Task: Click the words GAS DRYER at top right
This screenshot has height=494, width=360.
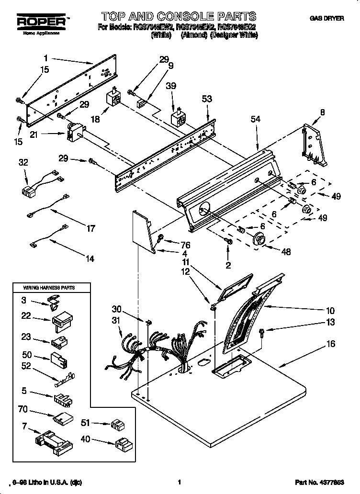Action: coord(327,18)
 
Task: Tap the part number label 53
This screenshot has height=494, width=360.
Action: coord(207,99)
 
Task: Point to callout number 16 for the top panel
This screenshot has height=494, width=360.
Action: coord(331,344)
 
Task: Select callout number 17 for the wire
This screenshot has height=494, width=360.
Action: coord(90,229)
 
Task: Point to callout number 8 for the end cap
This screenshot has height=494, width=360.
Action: coord(322,112)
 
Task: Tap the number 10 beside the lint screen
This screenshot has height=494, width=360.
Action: coord(330,310)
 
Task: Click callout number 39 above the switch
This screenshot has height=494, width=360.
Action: coord(170,86)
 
